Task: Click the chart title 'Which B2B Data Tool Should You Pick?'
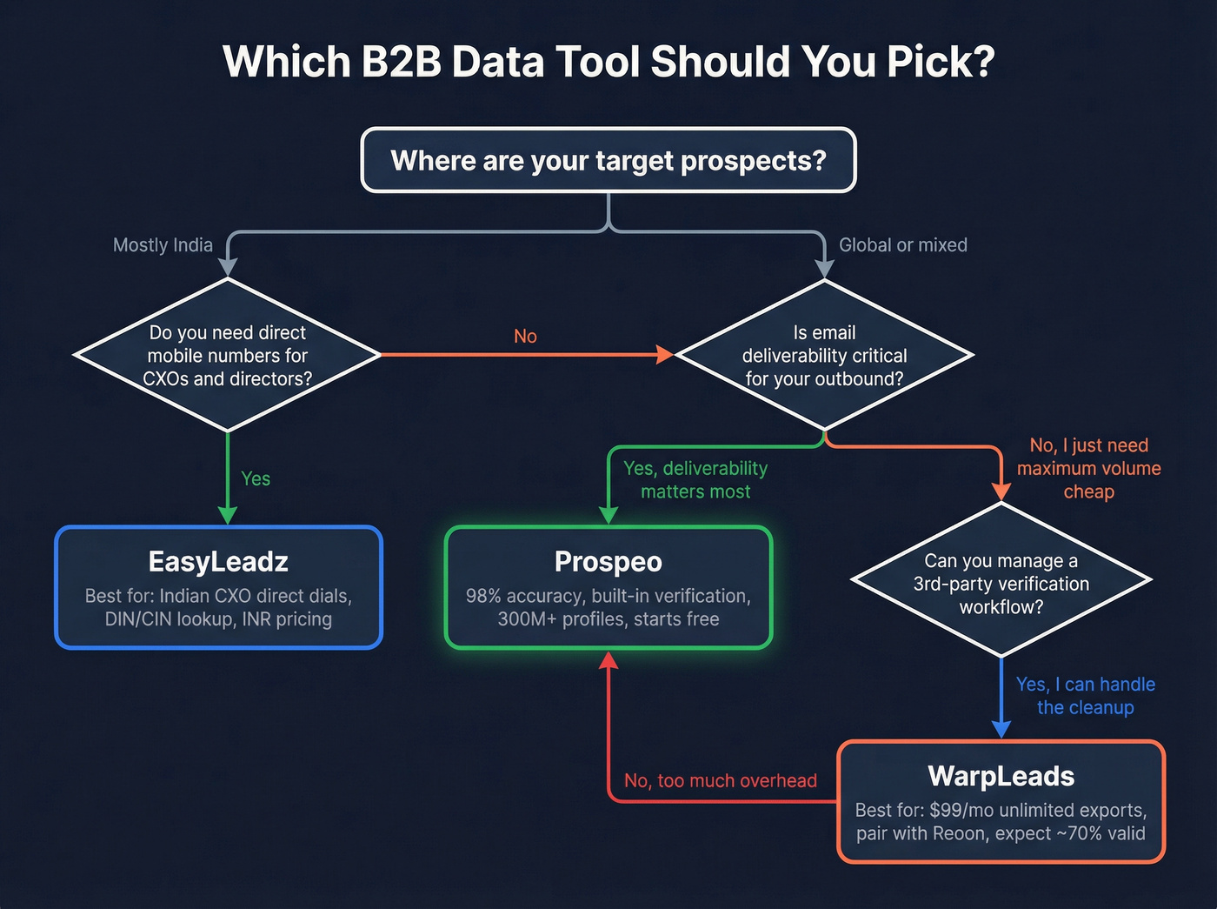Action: (x=608, y=63)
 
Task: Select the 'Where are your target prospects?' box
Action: (x=608, y=161)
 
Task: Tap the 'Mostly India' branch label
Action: (x=163, y=245)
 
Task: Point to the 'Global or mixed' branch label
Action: (x=902, y=245)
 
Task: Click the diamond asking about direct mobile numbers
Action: (x=227, y=355)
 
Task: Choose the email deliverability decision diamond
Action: (x=824, y=355)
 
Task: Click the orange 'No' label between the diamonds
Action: (x=525, y=337)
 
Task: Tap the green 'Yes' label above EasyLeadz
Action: (x=256, y=479)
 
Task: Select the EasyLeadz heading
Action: (x=218, y=562)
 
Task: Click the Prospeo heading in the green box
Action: (x=608, y=562)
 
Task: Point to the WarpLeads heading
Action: (x=1001, y=776)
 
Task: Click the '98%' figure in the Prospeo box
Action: (x=483, y=597)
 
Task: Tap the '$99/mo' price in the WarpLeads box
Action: (x=961, y=811)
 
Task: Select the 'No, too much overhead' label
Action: (x=721, y=781)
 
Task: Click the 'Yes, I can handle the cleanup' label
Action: (x=1086, y=696)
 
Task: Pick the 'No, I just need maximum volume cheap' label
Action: (x=1089, y=469)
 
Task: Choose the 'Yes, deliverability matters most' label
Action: (x=695, y=480)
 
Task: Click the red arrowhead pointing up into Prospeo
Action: (x=608, y=661)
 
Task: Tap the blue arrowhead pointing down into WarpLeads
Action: (x=1001, y=728)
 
